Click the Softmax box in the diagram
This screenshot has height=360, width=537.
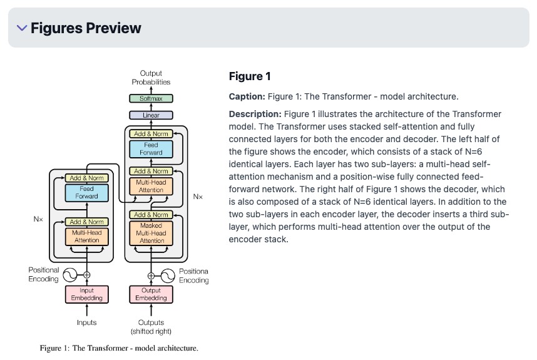(x=151, y=98)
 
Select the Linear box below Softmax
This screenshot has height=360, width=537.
(x=151, y=115)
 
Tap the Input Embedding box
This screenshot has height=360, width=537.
(x=87, y=294)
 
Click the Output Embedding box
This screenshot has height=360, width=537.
(x=151, y=294)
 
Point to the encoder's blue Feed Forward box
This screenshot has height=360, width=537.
(x=87, y=192)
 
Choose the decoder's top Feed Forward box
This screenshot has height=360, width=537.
(x=151, y=149)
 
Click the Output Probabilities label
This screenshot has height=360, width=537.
(x=151, y=78)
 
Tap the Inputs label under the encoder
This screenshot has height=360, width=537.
(x=87, y=322)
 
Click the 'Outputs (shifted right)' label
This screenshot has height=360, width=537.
(x=151, y=327)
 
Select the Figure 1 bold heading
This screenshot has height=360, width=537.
(x=250, y=76)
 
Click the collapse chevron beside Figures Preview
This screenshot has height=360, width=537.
(x=22, y=28)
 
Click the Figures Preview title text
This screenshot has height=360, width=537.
(x=86, y=28)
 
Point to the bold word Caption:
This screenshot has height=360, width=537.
(x=247, y=96)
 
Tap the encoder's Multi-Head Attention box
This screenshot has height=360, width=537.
(x=87, y=236)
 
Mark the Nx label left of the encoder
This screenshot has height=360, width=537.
(x=39, y=220)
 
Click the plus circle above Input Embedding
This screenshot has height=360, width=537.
(x=87, y=274)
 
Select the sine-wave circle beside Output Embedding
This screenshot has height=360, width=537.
(x=170, y=275)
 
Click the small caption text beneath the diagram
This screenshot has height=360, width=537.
(x=119, y=347)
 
